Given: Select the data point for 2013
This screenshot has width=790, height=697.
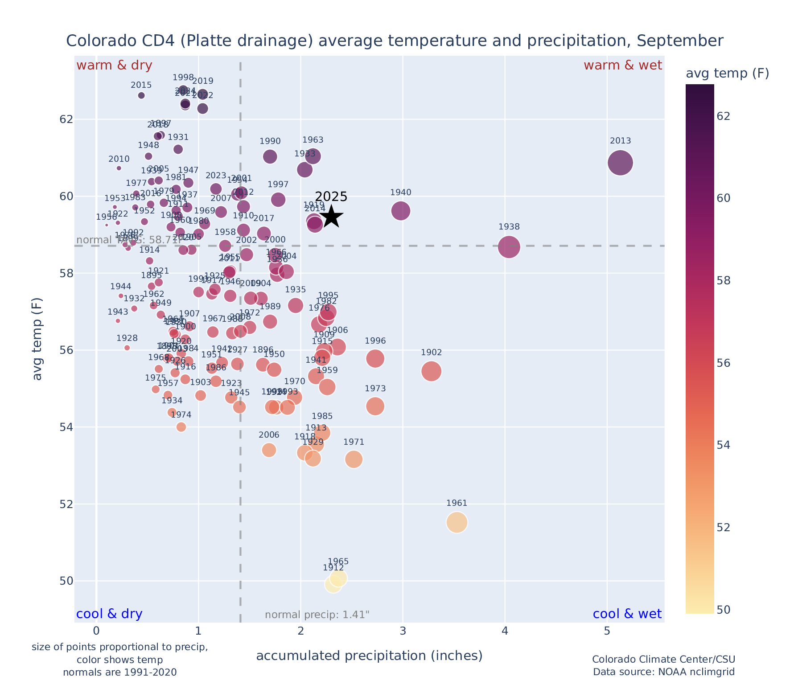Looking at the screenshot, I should tap(620, 163).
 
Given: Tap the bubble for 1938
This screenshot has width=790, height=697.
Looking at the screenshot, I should tap(509, 246).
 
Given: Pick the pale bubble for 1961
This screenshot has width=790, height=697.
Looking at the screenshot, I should tap(457, 522).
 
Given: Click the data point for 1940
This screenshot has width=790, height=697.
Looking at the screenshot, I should tap(401, 211).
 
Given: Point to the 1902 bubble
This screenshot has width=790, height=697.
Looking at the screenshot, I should tap(431, 371).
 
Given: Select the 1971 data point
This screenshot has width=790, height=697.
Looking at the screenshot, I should tap(354, 459).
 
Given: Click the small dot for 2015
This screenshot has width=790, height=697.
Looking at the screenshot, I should tap(141, 95).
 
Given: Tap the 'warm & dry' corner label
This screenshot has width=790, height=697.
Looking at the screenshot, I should tap(115, 66).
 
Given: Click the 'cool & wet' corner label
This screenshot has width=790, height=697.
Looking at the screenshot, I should tap(627, 614).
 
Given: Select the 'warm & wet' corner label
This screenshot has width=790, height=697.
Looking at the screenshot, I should tap(623, 66).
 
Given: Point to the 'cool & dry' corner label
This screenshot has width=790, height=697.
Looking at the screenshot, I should tap(109, 614).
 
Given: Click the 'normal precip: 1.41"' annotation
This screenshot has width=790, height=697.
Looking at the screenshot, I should tap(317, 615).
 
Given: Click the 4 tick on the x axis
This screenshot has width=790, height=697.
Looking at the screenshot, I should tap(505, 631).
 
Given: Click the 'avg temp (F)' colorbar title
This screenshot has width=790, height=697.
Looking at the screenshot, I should tap(727, 74).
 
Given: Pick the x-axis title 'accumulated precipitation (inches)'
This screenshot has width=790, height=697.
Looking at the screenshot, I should tap(369, 656).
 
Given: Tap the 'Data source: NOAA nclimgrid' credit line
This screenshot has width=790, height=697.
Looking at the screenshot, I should tap(663, 672).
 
